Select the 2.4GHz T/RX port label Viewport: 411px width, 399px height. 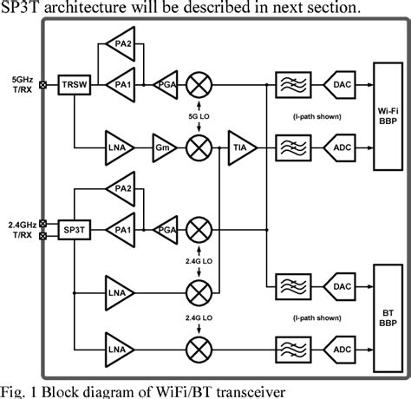(x=21, y=228)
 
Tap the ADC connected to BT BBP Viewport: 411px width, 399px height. (x=342, y=347)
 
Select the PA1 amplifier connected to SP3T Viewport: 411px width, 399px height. (x=119, y=229)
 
